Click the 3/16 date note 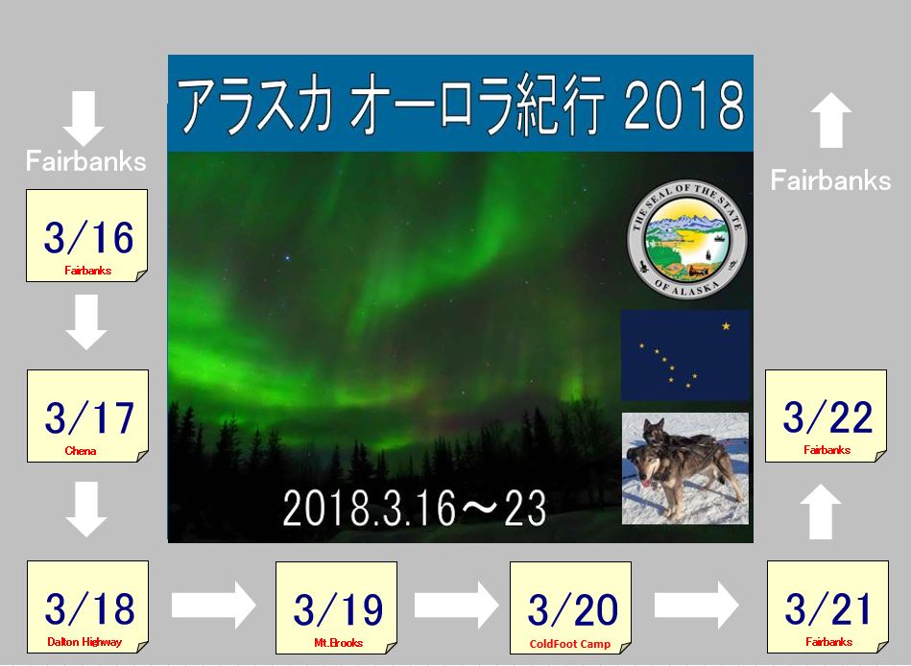coord(87,236)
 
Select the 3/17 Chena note coord(87,416)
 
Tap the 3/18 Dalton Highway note coord(87,607)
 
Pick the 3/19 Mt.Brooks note coord(336,607)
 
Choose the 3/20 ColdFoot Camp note coord(570,607)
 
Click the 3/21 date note coord(827,607)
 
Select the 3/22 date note coord(827,416)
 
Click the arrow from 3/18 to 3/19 coord(213,605)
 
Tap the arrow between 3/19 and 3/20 coord(456,605)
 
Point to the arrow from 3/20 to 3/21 coord(697,605)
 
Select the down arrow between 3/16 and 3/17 coord(86,321)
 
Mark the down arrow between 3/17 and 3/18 coord(86,510)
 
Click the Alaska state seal coord(686,239)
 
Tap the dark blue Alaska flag coord(685,355)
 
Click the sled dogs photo coord(685,468)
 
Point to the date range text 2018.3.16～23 coord(415,508)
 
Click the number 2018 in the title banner coord(683,106)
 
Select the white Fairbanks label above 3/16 coord(86,161)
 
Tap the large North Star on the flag coord(726,326)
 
